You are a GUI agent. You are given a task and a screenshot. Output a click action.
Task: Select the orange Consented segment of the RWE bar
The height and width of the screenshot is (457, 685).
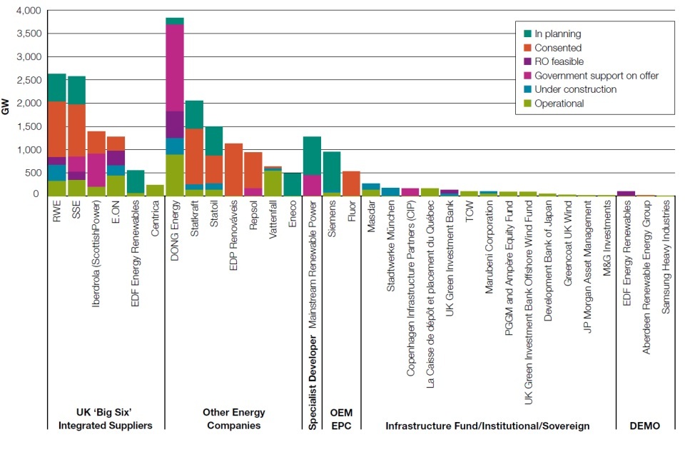(57, 129)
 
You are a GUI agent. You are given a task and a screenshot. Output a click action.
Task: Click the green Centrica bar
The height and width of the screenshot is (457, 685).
(155, 189)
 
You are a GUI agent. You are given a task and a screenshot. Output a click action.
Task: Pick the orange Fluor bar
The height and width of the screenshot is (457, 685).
(352, 182)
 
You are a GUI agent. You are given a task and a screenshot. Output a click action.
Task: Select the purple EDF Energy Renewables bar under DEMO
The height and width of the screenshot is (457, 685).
(626, 192)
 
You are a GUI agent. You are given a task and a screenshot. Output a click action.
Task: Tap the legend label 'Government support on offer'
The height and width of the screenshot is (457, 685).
(596, 76)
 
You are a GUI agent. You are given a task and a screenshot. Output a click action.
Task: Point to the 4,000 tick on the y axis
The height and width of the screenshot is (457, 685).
(27, 11)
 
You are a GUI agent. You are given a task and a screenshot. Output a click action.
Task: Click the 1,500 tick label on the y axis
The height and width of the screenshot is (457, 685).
(27, 126)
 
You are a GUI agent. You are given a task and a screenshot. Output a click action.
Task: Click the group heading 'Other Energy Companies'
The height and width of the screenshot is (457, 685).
(233, 419)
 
